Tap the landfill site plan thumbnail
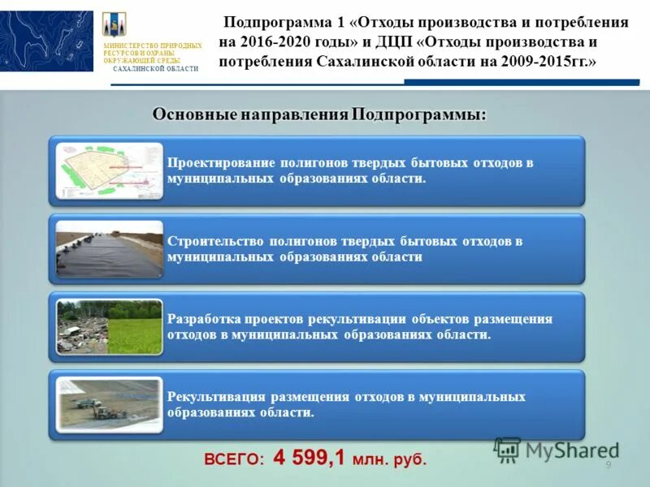coord(110,170)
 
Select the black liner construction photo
coord(110,248)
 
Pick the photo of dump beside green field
coord(110,326)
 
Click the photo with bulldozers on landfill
coord(110,404)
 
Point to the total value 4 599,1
coord(310,458)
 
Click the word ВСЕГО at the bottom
coord(234,459)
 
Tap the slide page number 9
coord(608,464)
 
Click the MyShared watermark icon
coord(507,449)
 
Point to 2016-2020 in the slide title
coord(276,42)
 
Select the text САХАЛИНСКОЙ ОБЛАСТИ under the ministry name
coord(155,69)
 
